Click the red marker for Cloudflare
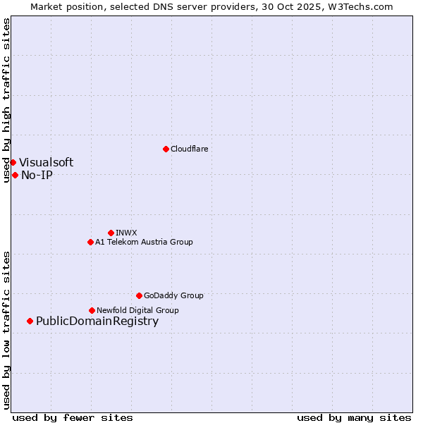coord(166,149)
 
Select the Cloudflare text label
coord(189,149)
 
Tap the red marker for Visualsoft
coord(13,162)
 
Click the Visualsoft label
coord(46,163)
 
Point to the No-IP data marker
coord(15,175)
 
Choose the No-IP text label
coord(37,176)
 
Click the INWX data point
coord(111,233)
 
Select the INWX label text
coord(126,233)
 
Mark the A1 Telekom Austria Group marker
coord(90,242)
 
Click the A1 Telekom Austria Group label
coord(144,242)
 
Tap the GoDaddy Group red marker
coord(139,295)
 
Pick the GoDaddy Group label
coord(173,295)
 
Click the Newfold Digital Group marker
coord(92,310)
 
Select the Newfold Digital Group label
coord(137,310)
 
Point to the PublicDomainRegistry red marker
coord(30,321)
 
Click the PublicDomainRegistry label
coord(97,321)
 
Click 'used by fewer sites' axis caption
coord(73,417)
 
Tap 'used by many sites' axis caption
coord(354,417)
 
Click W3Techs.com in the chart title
coord(362,6)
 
